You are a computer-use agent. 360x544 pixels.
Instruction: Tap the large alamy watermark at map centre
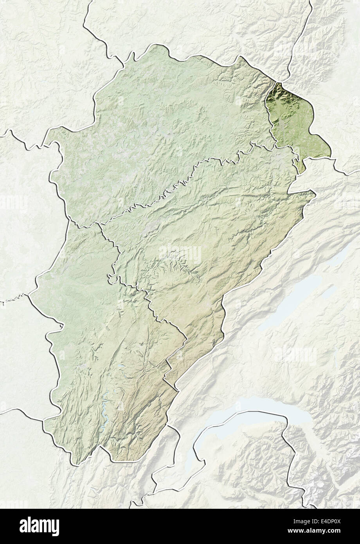pos(180,254)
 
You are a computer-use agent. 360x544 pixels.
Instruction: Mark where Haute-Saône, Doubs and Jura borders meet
pos(100,224)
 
